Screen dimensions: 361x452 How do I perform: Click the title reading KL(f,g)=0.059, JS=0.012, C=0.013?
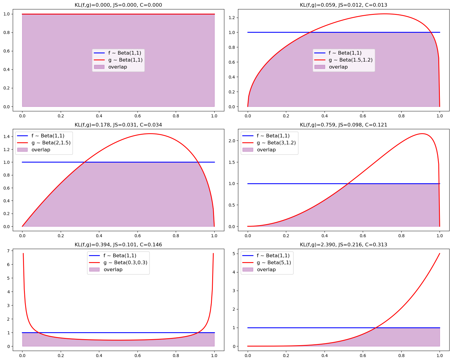pyautogui.click(x=343, y=5)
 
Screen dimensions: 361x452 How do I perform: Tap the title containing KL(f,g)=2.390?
pyautogui.click(x=343, y=245)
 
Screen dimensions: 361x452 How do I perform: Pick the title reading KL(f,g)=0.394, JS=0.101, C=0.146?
pyautogui.click(x=118, y=245)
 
